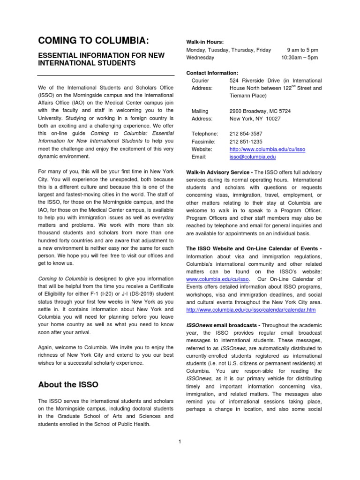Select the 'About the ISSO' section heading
tap(68, 384)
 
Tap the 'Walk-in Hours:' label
tap(204, 42)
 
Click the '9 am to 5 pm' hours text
tap(302, 50)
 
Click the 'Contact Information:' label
tap(212, 73)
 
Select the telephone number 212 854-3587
tap(246, 134)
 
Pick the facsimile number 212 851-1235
tap(246, 142)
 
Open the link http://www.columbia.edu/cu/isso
tap(267, 149)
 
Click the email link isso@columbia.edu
tap(252, 157)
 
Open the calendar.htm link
tap(251, 310)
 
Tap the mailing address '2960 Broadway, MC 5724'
tap(260, 111)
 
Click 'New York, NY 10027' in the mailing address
tap(255, 119)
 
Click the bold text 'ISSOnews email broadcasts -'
tap(223, 325)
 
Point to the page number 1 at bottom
tap(180, 440)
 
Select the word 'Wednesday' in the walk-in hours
tap(200, 58)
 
